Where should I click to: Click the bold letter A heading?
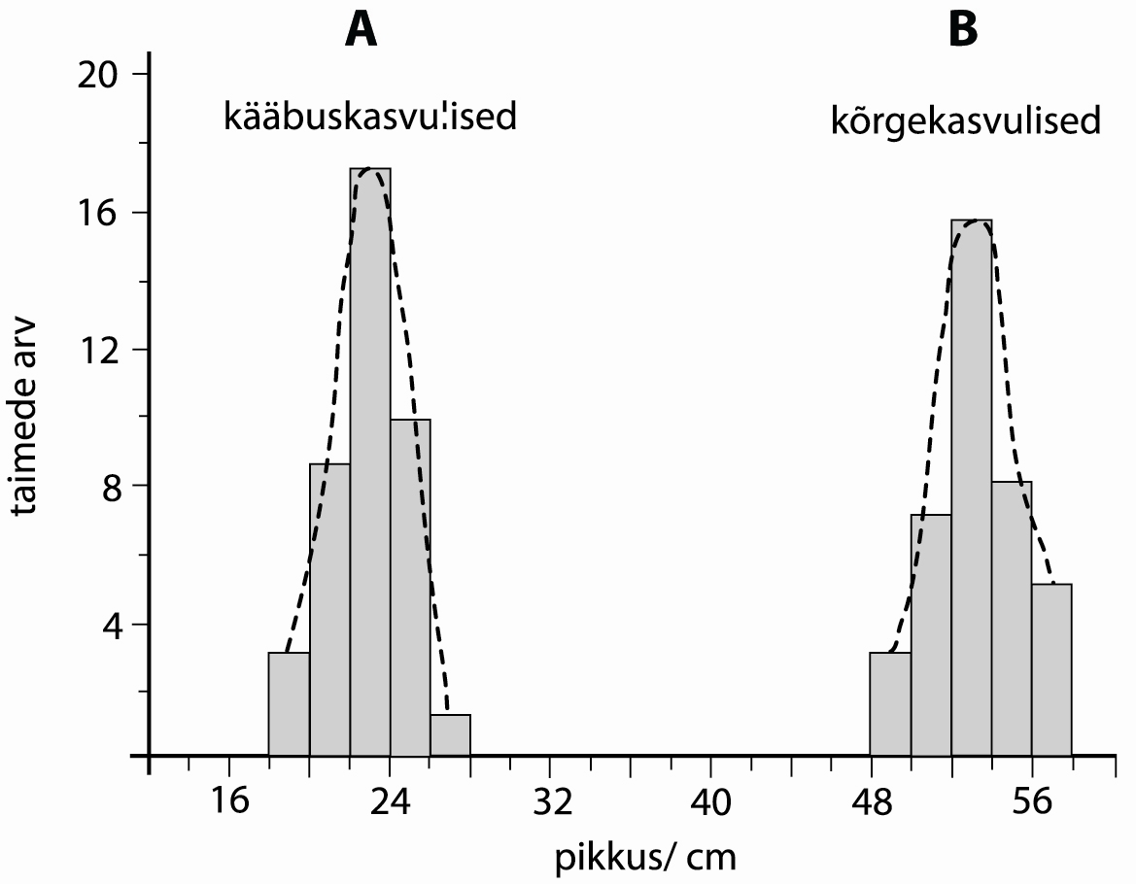(x=361, y=30)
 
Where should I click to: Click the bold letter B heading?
(x=963, y=30)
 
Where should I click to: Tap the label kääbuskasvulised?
(x=369, y=119)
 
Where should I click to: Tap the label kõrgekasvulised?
(x=966, y=122)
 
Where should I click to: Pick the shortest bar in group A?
(x=450, y=735)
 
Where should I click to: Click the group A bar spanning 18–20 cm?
(x=290, y=704)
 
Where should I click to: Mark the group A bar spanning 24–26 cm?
(x=410, y=588)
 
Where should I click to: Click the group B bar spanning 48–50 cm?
(x=890, y=704)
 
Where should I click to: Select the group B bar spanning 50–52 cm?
(x=931, y=635)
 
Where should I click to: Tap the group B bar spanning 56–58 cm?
(x=1051, y=670)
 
